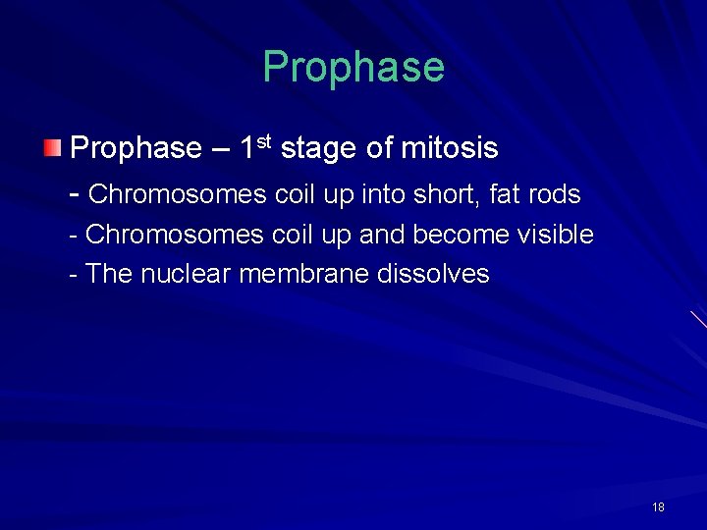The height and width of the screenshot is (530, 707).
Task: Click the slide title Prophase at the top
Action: coord(353,67)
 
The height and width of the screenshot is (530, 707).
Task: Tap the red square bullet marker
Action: coord(52,149)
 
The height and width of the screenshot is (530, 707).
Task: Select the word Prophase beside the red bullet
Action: coord(136,149)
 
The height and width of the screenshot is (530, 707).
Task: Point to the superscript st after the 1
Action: coord(264,142)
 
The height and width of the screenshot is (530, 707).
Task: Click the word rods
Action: coord(555,194)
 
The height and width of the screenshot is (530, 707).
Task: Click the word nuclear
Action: coord(186,274)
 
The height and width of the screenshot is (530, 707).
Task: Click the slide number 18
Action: coord(658,507)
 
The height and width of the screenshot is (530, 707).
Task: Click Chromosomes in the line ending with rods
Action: coord(177,194)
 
